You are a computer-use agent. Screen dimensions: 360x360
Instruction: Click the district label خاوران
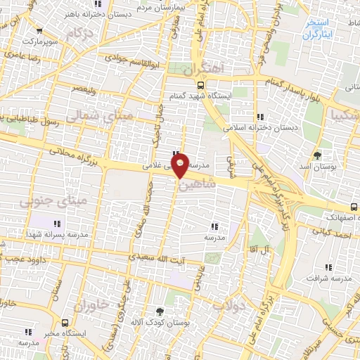coord(91,303)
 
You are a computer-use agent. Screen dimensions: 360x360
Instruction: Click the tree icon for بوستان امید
coord(318,153)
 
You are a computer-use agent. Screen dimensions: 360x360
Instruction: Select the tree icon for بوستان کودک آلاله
coord(160,310)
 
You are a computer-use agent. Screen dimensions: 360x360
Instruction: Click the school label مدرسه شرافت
coord(330,279)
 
